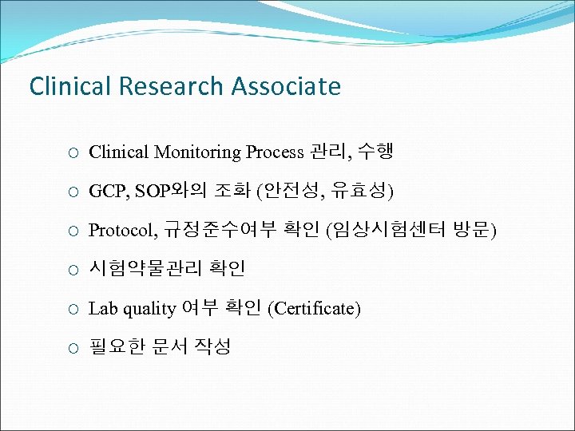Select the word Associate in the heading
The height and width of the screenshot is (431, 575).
click(286, 86)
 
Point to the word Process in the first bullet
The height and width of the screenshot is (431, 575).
click(275, 152)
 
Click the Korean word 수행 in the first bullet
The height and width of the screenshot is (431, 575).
click(375, 151)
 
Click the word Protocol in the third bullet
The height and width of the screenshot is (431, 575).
click(122, 231)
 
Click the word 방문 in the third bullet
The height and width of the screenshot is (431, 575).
click(474, 231)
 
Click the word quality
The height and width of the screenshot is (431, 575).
click(149, 309)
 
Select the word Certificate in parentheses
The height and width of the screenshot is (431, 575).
click(315, 309)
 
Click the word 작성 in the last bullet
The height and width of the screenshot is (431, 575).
click(212, 347)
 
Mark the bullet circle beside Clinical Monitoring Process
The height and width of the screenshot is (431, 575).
click(73, 152)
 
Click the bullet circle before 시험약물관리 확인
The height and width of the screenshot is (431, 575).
click(73, 270)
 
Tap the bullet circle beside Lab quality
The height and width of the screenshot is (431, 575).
click(73, 309)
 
